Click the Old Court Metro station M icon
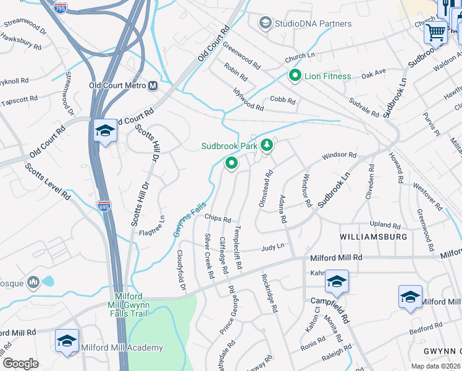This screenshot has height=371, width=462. click(x=153, y=85)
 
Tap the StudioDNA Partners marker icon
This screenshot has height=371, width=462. click(x=266, y=23)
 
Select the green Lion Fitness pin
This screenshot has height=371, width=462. click(x=295, y=76)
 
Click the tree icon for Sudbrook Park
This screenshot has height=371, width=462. click(x=267, y=146)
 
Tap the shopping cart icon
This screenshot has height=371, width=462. click(x=436, y=31)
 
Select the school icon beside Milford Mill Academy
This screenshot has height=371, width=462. click(x=67, y=341)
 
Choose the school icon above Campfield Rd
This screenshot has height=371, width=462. click(x=337, y=282)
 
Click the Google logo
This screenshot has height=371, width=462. click(x=20, y=364)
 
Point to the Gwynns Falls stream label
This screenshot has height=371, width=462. click(x=189, y=221)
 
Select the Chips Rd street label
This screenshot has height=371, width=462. click(x=217, y=219)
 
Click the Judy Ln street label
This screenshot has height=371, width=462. click(x=272, y=246)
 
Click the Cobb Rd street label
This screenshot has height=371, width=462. click(x=283, y=101)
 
